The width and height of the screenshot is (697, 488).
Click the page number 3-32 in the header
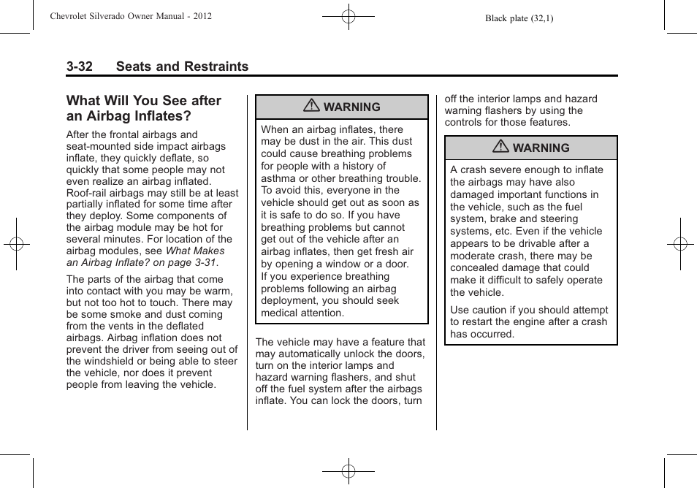(79, 66)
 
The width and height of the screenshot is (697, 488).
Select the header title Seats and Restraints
(182, 66)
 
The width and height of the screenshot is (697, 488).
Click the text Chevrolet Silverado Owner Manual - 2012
(131, 15)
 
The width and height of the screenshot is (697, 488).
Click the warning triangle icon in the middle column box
(312, 106)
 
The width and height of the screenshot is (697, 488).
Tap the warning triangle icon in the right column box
(500, 147)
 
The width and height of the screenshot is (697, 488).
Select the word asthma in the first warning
(278, 178)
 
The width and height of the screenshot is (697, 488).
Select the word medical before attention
(280, 313)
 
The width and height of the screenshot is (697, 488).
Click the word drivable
(535, 243)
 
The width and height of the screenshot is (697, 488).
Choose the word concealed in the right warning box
(476, 268)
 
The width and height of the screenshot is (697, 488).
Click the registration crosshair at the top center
(348, 15)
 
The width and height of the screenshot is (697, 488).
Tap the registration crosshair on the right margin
(680, 244)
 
